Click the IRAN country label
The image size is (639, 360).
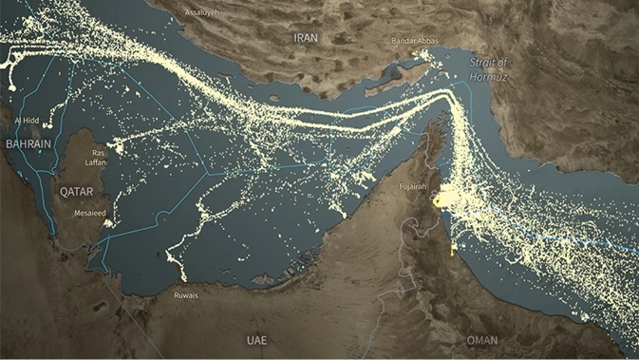pos(306,38)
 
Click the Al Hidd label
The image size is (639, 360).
pos(27,122)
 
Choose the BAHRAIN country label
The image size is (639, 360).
pos(28,143)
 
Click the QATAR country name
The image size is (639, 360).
pos(77,191)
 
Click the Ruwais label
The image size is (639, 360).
pos(187,295)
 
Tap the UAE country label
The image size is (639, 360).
pos(257,339)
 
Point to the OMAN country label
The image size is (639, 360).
pos(482,339)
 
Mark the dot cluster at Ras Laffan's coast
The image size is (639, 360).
pos(116,146)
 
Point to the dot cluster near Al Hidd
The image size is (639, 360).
pos(11,87)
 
